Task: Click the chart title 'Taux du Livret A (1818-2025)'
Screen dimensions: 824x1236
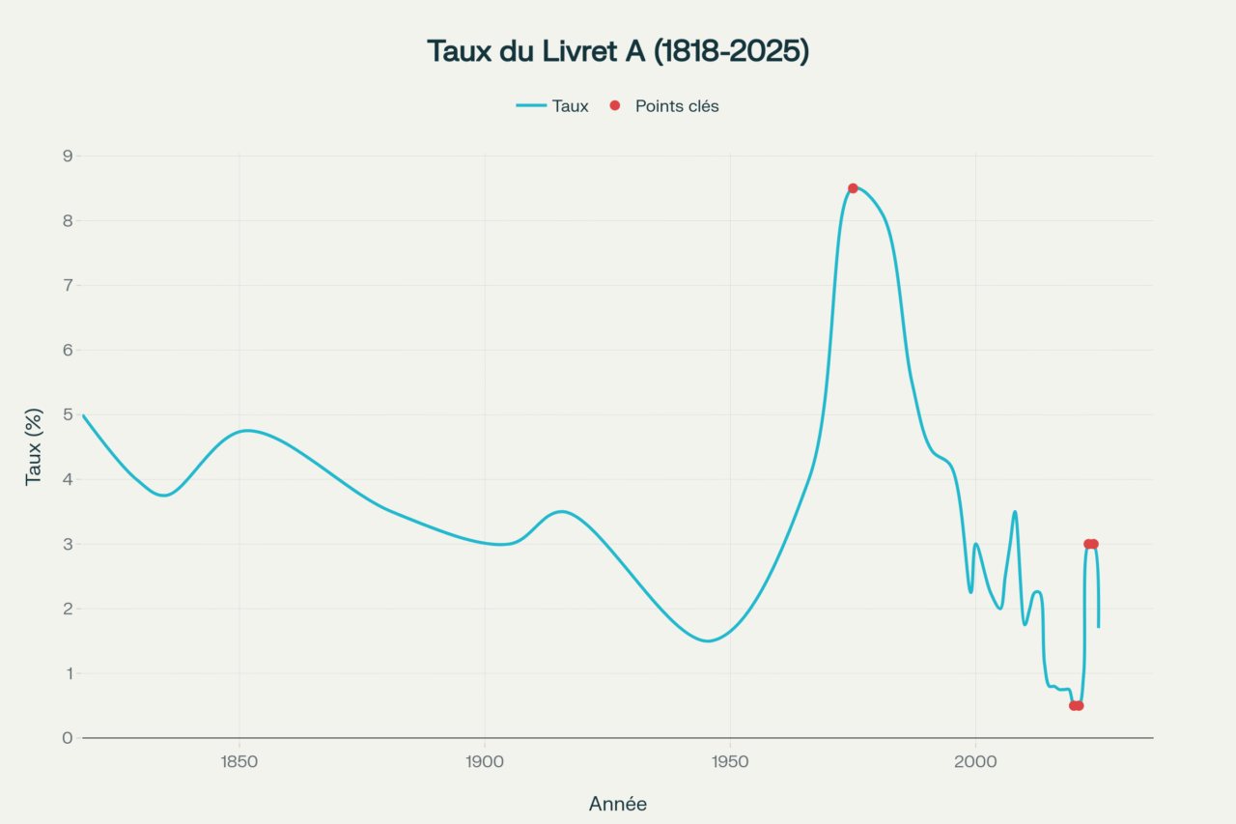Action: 618,52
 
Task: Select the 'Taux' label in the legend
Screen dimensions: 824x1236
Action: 570,106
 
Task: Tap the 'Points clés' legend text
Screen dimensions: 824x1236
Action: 677,106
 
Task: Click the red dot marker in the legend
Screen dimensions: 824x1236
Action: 615,106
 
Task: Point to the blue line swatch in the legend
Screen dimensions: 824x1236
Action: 531,106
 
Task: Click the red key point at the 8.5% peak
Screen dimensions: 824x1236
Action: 853,188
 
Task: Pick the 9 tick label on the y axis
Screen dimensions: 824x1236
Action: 68,156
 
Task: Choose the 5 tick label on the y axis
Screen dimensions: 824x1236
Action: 68,414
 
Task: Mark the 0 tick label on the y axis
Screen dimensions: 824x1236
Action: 68,738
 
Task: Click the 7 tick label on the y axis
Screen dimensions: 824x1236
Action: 68,285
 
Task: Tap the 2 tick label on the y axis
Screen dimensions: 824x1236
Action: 68,609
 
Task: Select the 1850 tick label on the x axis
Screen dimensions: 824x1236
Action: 239,761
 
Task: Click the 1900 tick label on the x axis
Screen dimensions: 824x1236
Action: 485,761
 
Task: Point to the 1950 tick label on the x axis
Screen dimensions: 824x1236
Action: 730,761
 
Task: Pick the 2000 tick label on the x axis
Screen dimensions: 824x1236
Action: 975,761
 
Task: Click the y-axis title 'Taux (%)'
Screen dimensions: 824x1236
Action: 34,446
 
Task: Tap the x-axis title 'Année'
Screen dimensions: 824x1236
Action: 618,804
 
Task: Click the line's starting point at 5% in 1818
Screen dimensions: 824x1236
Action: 83,415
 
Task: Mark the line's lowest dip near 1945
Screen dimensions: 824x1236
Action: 707,640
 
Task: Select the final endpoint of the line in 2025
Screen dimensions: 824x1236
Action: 1098,627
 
